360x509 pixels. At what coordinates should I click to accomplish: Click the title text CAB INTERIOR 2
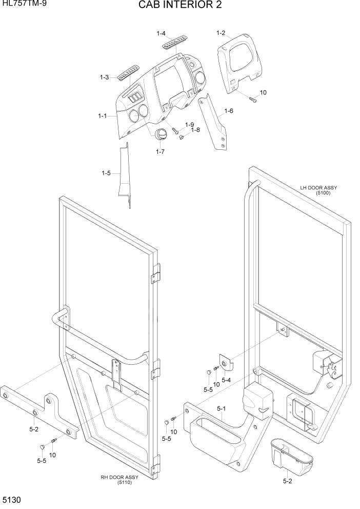(180, 6)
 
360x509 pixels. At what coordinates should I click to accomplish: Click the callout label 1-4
(161, 34)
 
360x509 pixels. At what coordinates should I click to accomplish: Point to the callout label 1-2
(221, 33)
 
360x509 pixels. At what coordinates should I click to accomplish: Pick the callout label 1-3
(104, 77)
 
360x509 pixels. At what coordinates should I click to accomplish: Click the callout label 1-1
(102, 116)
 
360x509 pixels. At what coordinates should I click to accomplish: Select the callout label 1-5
(106, 173)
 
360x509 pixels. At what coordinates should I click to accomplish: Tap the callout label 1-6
(228, 111)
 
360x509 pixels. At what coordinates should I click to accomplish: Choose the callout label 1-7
(160, 151)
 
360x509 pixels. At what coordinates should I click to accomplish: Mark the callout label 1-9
(189, 125)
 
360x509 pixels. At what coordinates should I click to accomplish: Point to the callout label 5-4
(226, 380)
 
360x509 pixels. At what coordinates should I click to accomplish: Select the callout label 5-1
(222, 408)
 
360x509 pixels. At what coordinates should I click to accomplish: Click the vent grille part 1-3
(129, 73)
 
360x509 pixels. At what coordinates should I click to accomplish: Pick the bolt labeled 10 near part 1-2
(252, 100)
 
